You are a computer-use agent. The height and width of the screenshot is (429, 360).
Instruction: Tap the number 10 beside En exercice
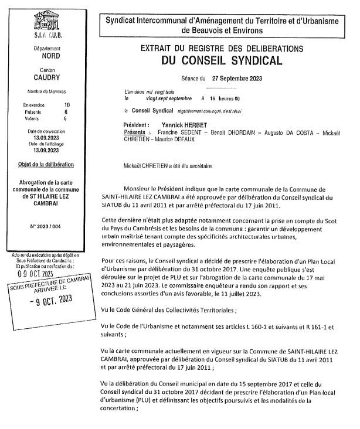tap(66, 104)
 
